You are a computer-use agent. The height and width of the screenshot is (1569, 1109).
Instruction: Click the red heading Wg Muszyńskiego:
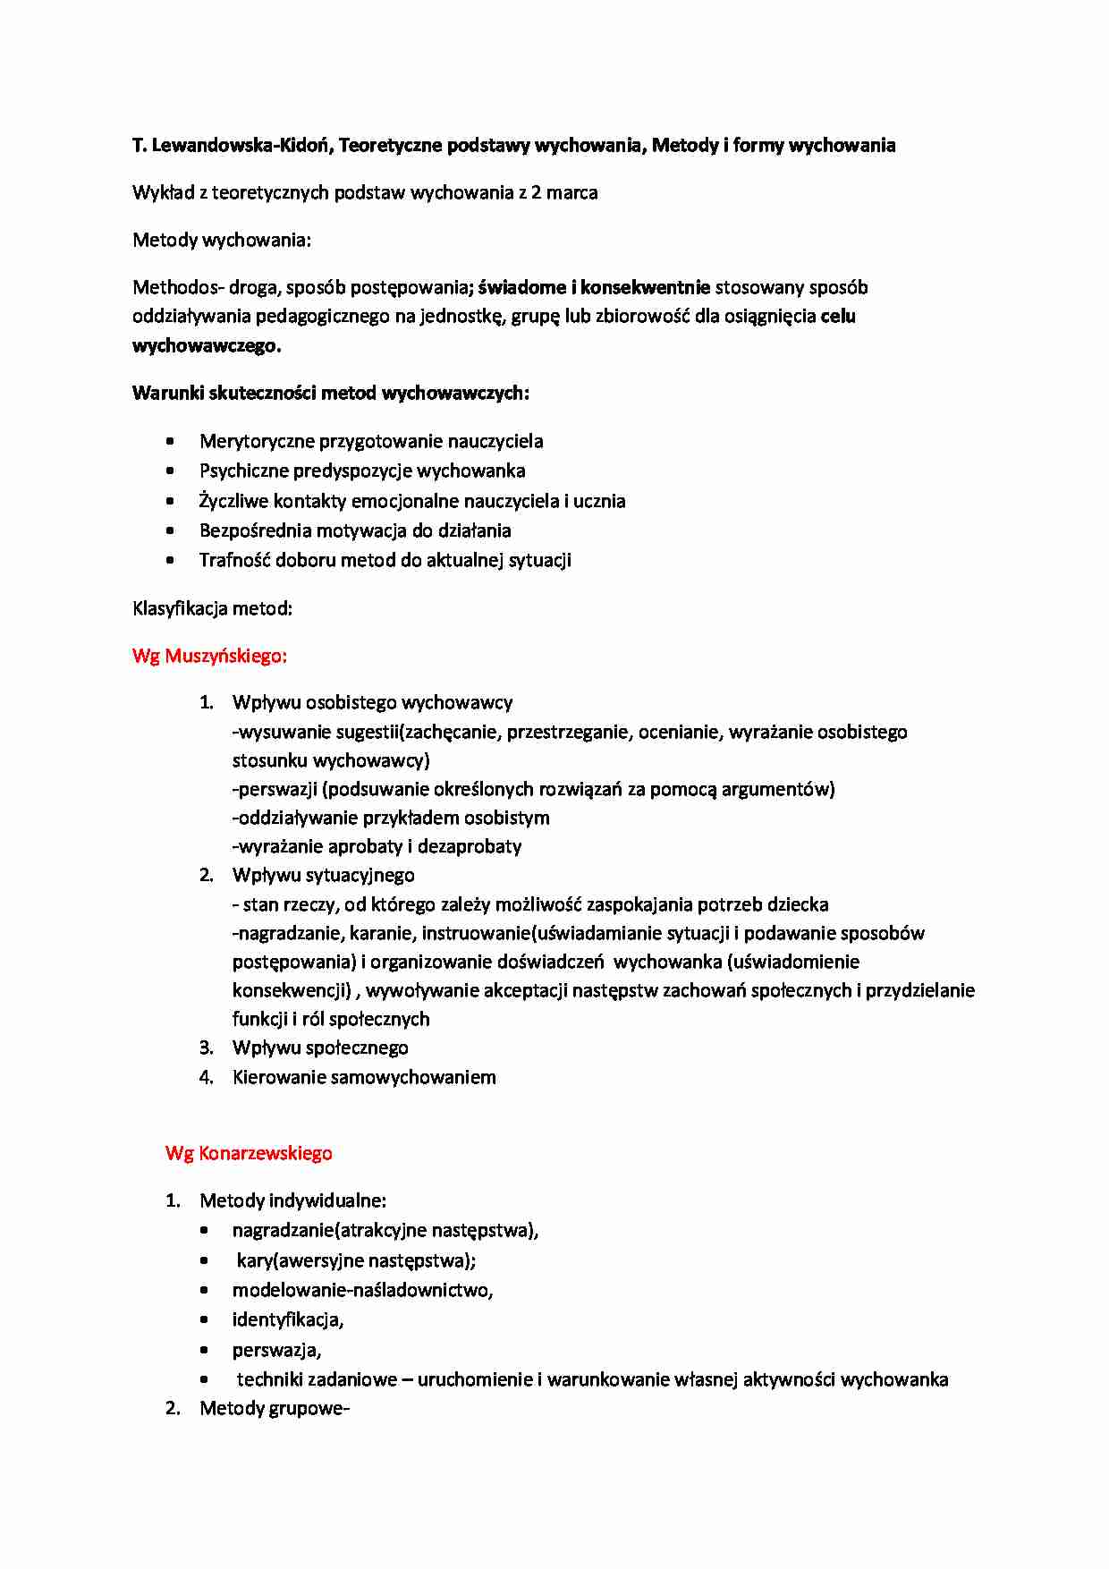pyautogui.click(x=209, y=656)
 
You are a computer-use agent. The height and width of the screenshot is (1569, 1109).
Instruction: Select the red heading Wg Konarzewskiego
pyautogui.click(x=249, y=1153)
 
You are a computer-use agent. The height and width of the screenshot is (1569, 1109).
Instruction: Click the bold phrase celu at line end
pyautogui.click(x=838, y=316)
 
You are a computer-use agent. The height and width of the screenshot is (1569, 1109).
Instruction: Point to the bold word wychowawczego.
pyautogui.click(x=207, y=345)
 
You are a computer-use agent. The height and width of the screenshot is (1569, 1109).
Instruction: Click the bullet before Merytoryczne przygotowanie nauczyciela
pyautogui.click(x=171, y=441)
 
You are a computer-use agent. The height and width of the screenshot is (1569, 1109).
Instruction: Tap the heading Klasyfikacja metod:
pyautogui.click(x=213, y=608)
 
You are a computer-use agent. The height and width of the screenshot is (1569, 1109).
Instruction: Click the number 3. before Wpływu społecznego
pyautogui.click(x=206, y=1047)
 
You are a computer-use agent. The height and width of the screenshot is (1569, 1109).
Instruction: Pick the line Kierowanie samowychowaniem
pyautogui.click(x=363, y=1077)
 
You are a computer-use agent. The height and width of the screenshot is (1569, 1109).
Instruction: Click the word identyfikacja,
pyautogui.click(x=288, y=1319)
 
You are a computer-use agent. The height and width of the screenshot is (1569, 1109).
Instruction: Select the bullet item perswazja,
pyautogui.click(x=276, y=1350)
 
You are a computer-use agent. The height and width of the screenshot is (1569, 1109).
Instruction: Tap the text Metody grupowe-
pyautogui.click(x=274, y=1409)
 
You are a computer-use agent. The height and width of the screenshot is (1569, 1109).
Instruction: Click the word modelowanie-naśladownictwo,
pyautogui.click(x=362, y=1290)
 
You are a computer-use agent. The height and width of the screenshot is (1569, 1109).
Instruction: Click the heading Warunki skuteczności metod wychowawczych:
pyautogui.click(x=331, y=393)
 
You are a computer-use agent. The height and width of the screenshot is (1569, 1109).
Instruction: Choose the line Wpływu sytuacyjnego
pyautogui.click(x=323, y=875)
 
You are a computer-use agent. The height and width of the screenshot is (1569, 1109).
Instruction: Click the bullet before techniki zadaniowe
pyautogui.click(x=205, y=1380)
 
